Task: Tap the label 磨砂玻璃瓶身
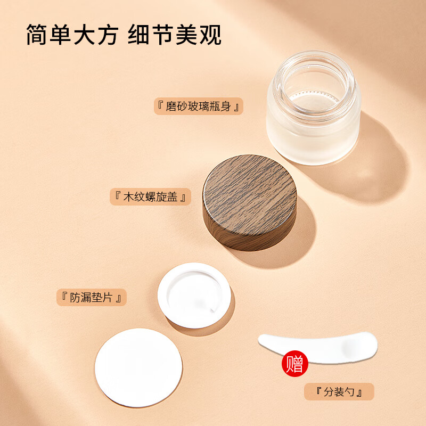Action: tap(198, 106)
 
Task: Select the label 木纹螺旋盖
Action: tap(150, 197)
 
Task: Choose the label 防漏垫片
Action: tap(92, 297)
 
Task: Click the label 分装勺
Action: tap(339, 392)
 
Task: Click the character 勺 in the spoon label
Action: tap(351, 392)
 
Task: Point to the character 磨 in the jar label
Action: tap(171, 106)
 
